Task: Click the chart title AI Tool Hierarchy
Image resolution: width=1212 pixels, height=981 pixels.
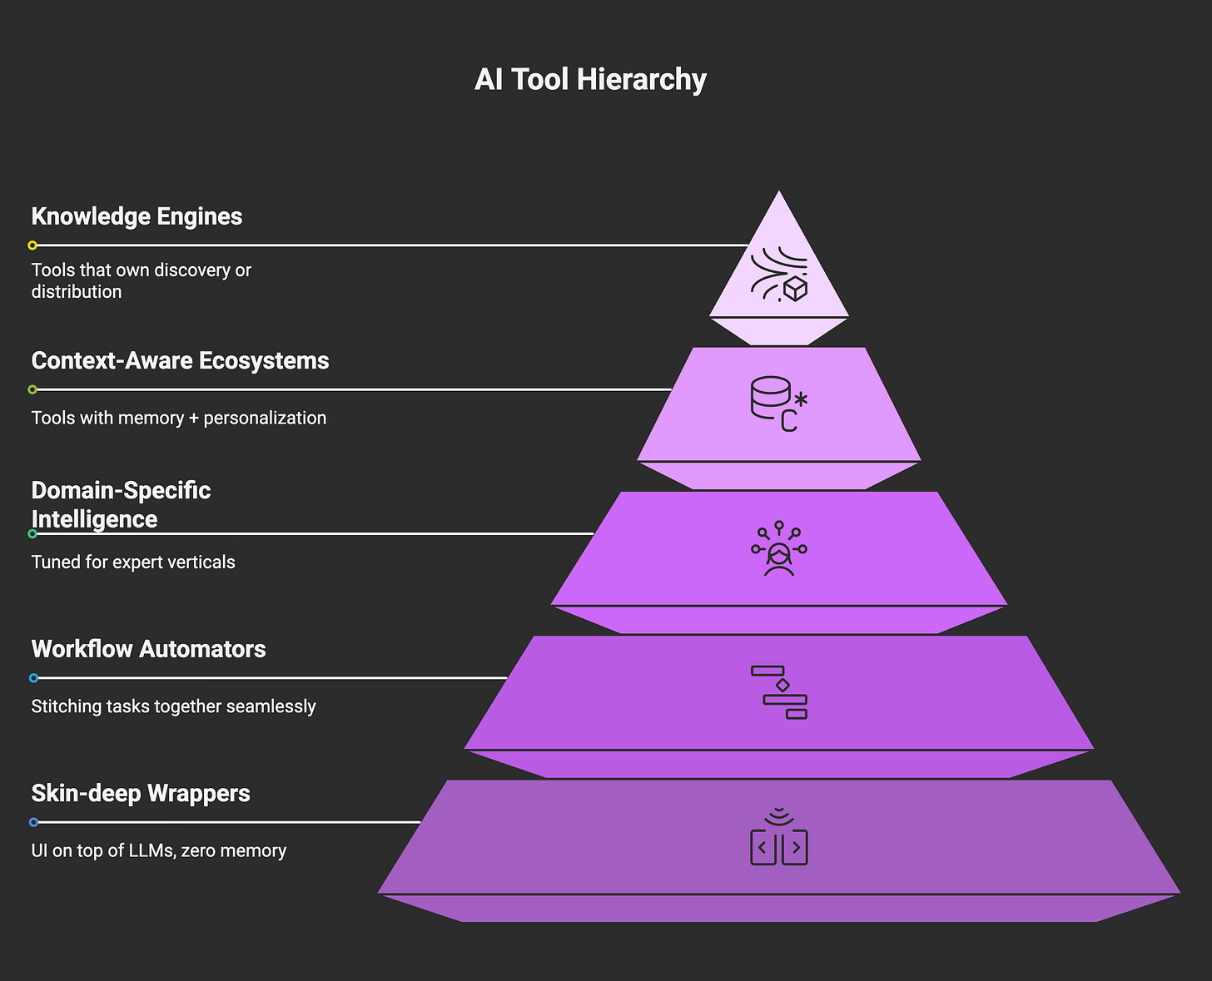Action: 590,80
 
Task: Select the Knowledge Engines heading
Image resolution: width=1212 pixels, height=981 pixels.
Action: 137,216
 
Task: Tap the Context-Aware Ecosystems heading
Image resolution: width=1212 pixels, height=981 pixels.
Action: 180,361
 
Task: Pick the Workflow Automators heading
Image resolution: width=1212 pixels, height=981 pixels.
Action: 148,649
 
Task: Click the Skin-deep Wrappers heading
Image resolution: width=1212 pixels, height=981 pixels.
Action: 141,793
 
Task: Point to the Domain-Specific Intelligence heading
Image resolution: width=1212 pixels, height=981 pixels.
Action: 121,504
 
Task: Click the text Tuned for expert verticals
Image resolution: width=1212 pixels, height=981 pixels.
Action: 133,562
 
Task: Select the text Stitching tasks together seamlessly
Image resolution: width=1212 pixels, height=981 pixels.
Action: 173,706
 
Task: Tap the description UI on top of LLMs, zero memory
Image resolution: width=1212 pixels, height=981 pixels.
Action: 158,850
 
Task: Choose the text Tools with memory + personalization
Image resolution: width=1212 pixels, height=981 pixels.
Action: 178,418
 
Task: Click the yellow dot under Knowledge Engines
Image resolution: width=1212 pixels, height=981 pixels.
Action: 32,245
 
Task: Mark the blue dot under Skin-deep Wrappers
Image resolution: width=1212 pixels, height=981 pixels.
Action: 33,822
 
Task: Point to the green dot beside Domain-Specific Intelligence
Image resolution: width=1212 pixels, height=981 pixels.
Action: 32,533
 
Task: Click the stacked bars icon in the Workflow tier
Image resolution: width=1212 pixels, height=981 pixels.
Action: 780,692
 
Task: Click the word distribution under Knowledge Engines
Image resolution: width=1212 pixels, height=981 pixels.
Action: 77,292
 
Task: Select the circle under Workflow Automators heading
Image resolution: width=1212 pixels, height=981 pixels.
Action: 33,678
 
